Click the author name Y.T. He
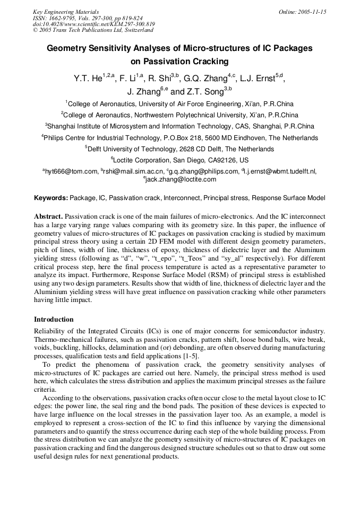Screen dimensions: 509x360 coord(88,79)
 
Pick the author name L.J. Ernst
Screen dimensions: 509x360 coord(258,79)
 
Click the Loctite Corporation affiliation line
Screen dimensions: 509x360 coord(179,160)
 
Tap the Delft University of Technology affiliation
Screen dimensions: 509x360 coord(179,149)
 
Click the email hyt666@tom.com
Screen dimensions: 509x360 coord(71,171)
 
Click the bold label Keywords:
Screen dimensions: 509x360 coord(51,198)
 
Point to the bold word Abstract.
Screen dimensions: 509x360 coord(48,217)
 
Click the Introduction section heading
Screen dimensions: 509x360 coord(54,320)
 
